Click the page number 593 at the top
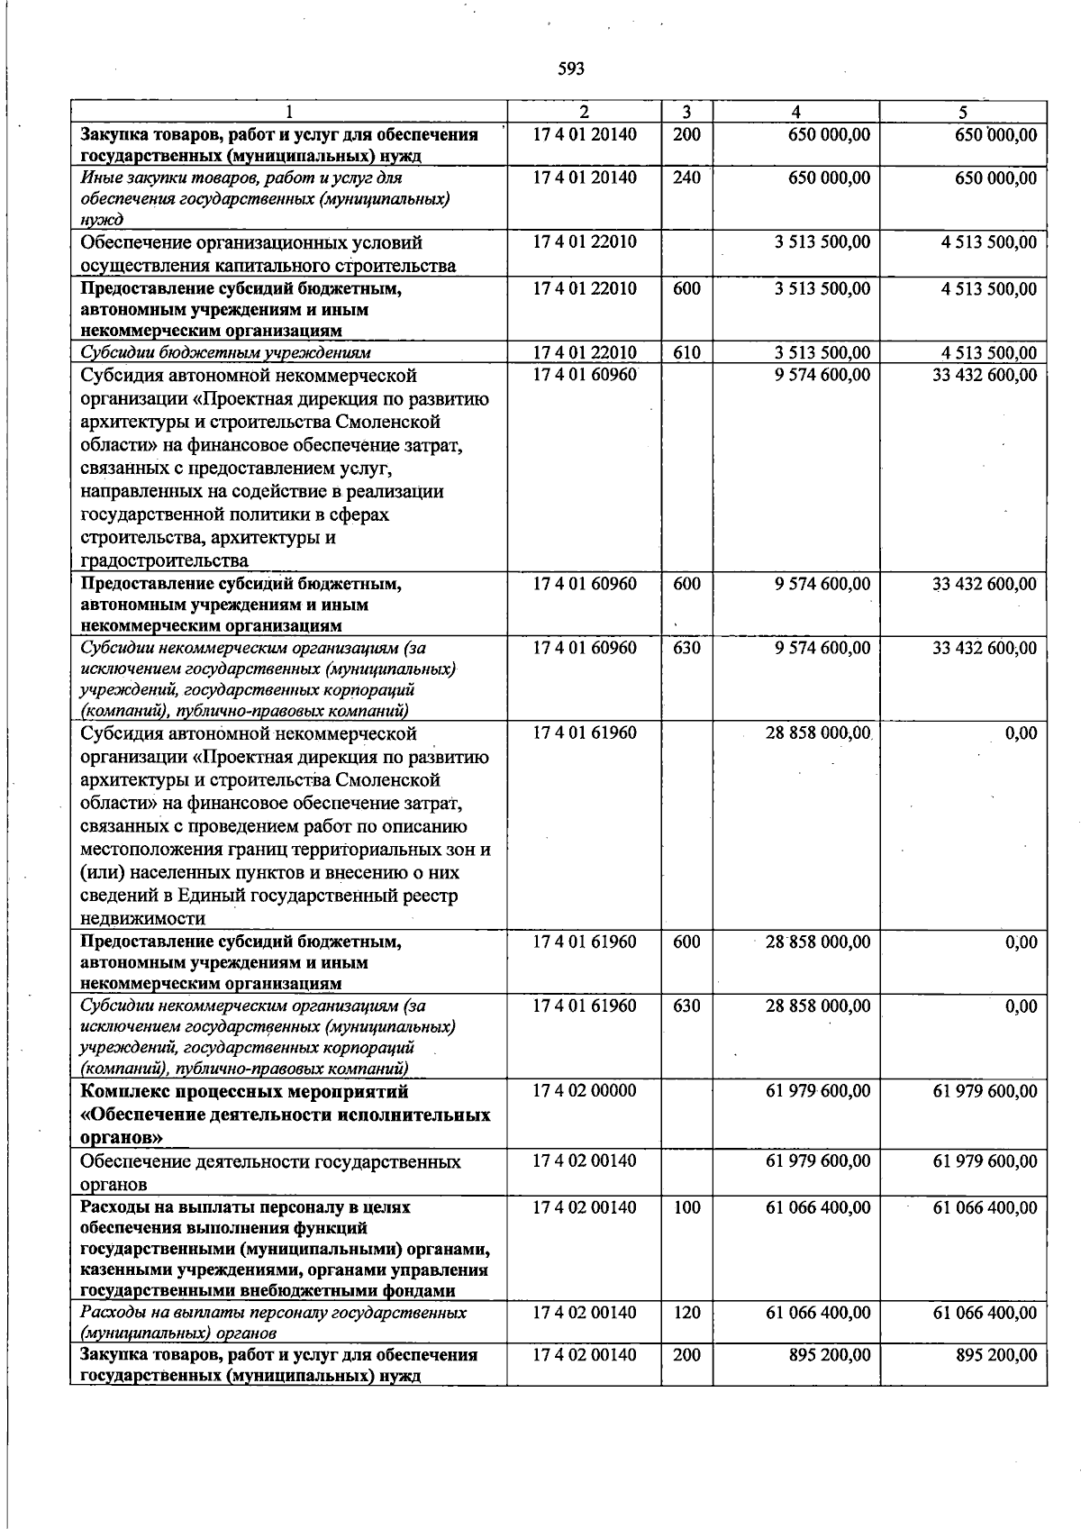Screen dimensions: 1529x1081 (571, 68)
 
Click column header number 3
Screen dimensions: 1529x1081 (686, 112)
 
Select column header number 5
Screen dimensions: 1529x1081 (963, 112)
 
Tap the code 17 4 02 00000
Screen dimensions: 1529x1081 (584, 1091)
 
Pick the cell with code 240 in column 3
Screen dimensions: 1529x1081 (686, 177)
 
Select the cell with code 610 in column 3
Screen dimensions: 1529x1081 (686, 353)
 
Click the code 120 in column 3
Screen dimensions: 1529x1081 (686, 1313)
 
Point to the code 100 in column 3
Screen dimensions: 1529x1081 (686, 1207)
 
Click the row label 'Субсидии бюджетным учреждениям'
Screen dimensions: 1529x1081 (226, 353)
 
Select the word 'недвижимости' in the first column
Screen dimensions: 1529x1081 (142, 919)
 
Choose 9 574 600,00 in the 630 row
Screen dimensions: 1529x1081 (822, 648)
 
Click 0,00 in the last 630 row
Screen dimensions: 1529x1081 (1021, 1006)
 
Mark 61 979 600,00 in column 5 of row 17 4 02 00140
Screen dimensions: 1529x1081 (985, 1161)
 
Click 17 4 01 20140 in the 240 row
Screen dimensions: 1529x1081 (584, 177)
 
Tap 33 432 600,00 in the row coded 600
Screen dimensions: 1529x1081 (985, 584)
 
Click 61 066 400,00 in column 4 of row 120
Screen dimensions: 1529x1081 (818, 1313)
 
